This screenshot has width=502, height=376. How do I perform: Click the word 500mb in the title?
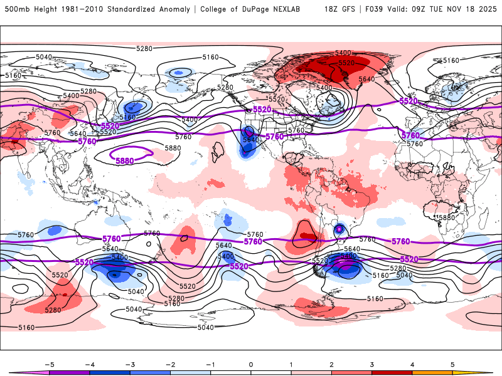(x=14, y=9)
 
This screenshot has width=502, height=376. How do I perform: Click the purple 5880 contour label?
(x=125, y=160)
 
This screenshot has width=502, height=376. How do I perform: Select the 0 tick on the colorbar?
(x=251, y=364)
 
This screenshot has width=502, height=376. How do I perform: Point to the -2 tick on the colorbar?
(x=170, y=364)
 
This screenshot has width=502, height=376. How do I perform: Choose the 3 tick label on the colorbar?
(x=371, y=364)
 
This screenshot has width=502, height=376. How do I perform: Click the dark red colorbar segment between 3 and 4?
(x=392, y=372)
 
